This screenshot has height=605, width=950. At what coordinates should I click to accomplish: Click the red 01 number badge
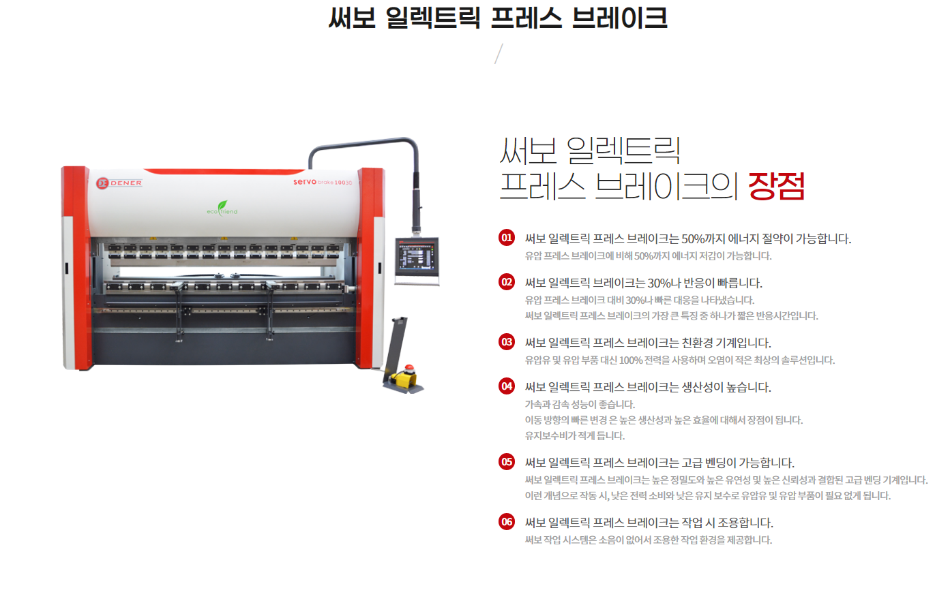507,238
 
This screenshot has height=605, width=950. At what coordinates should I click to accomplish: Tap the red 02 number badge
507,282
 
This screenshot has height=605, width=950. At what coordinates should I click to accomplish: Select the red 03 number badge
507,342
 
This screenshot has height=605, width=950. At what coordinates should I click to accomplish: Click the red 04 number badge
507,386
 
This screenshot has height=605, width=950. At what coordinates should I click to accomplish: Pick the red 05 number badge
507,462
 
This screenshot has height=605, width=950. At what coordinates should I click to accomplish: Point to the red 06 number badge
507,521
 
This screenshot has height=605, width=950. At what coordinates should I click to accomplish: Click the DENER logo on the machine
119,183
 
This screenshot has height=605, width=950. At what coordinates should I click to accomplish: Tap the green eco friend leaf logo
222,208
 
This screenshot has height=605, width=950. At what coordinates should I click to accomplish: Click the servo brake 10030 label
323,182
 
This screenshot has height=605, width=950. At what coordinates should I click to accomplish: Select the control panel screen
417,255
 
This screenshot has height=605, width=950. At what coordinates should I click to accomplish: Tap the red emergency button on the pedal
409,368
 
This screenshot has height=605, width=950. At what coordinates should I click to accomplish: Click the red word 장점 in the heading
777,185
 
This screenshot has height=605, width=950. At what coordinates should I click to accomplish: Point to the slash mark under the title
499,54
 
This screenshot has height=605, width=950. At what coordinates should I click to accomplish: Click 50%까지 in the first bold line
702,239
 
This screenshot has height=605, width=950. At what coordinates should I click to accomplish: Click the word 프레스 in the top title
526,18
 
